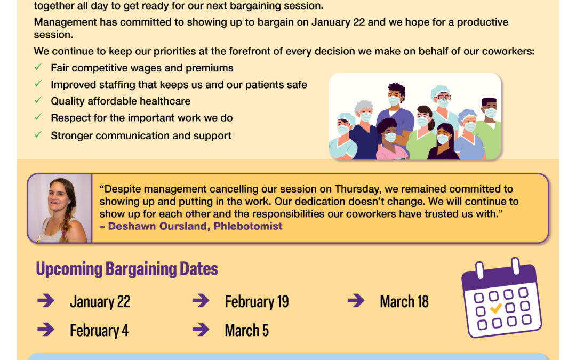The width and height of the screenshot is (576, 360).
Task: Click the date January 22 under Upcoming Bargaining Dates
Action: pyautogui.click(x=100, y=301)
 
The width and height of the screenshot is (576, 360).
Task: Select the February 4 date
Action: pyautogui.click(x=99, y=330)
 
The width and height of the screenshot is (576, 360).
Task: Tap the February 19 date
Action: pyautogui.click(x=257, y=301)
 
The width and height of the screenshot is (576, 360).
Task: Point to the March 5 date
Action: pyautogui.click(x=246, y=330)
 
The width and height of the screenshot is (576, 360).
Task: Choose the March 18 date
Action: pyautogui.click(x=404, y=301)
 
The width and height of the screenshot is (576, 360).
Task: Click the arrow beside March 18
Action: pyautogui.click(x=356, y=300)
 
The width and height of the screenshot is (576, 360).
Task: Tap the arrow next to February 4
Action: pyautogui.click(x=46, y=329)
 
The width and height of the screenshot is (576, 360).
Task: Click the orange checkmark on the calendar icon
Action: pyautogui.click(x=496, y=308)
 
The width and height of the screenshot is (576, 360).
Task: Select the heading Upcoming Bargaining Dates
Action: pyautogui.click(x=127, y=268)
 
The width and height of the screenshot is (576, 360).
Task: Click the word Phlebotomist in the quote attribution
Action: pyautogui.click(x=248, y=226)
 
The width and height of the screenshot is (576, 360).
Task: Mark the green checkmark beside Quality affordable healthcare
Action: pyautogui.click(x=38, y=100)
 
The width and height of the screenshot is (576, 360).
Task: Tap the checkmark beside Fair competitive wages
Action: pyautogui.click(x=38, y=67)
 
